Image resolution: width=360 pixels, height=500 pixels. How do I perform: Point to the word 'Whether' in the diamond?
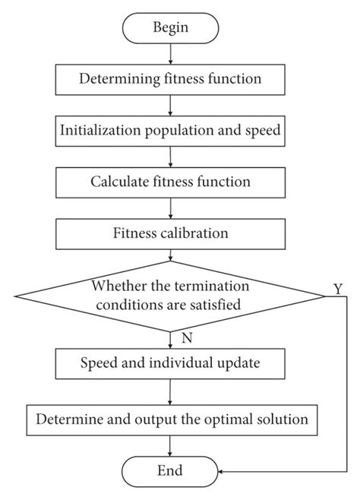pyautogui.click(x=115, y=287)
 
